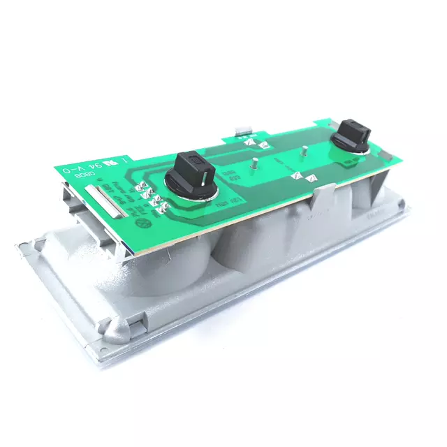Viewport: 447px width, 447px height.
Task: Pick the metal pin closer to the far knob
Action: click(x=305, y=150)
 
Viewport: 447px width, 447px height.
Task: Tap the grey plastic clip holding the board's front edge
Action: click(x=322, y=195)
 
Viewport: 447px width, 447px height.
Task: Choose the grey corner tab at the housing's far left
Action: click(x=27, y=244)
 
